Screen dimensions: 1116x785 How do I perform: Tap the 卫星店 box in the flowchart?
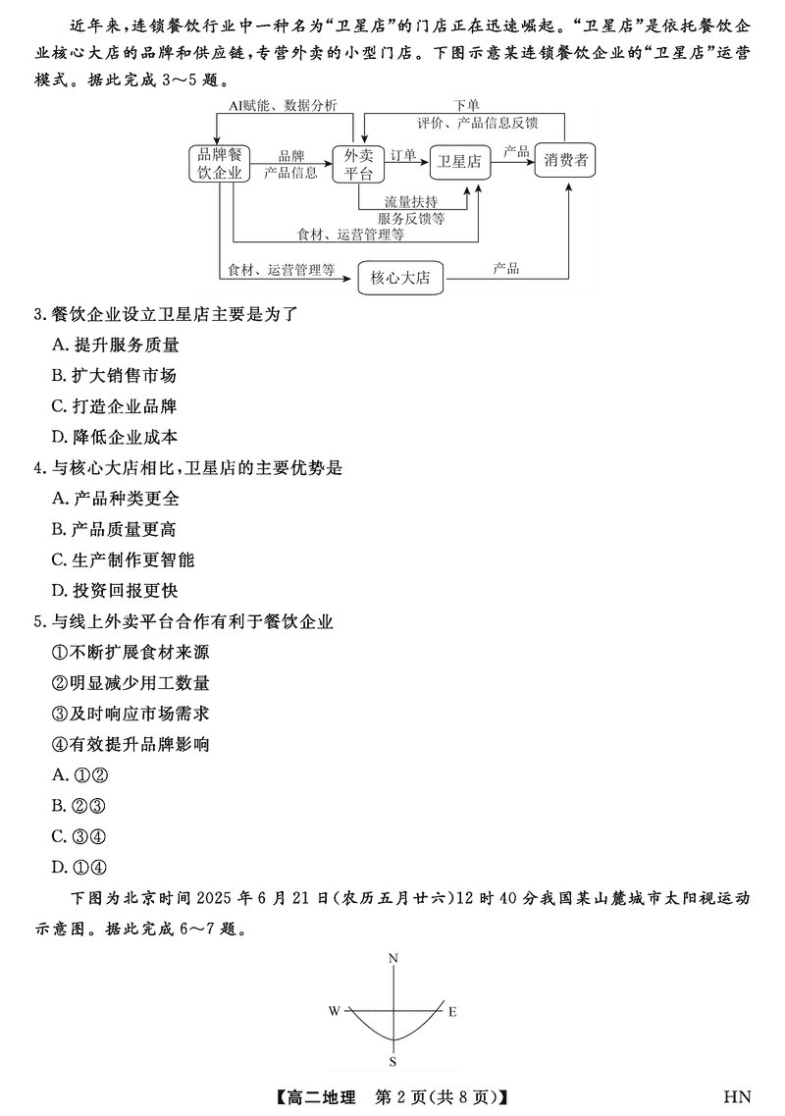tap(459, 162)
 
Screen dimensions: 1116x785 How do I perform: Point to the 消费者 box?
tap(566, 161)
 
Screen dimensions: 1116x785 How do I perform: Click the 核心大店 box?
tap(400, 278)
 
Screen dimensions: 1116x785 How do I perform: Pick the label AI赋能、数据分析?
tap(283, 104)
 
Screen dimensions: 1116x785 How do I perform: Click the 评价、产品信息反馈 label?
tap(477, 122)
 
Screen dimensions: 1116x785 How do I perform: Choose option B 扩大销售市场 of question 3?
tap(115, 376)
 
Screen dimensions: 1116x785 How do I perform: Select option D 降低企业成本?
tap(115, 437)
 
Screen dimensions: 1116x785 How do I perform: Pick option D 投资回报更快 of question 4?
tap(115, 591)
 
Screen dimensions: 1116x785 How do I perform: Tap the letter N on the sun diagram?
tap(392, 957)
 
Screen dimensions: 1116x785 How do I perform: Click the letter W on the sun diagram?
tap(335, 1010)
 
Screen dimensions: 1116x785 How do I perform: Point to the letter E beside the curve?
tap(451, 1011)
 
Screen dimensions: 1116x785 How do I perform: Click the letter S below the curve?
tap(392, 1061)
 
